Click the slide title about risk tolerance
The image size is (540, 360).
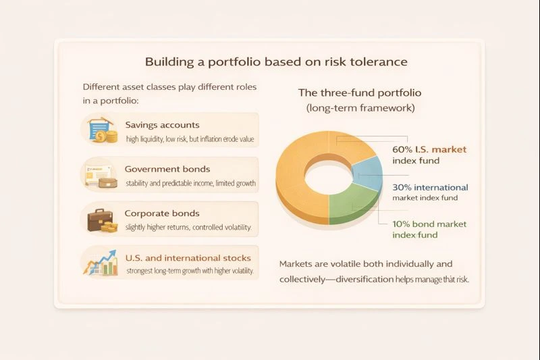pyautogui.click(x=276, y=62)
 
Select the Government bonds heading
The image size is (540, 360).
pyautogui.click(x=167, y=169)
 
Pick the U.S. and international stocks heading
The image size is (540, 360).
pyautogui.click(x=188, y=257)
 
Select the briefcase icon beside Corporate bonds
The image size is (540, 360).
pyautogui.click(x=101, y=219)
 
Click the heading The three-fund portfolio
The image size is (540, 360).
pyautogui.click(x=360, y=93)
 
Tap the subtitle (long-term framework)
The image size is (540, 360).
pyautogui.click(x=360, y=107)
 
